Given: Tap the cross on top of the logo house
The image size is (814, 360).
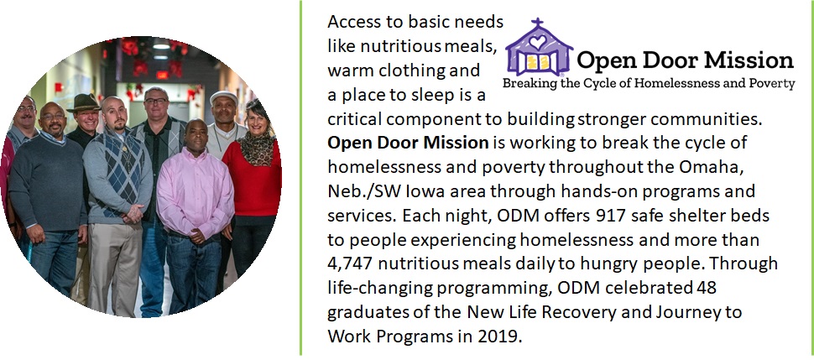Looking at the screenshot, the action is [x=537, y=23].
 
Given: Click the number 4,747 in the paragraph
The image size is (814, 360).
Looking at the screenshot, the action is [x=350, y=263].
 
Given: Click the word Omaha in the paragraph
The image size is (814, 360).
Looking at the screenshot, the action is [x=722, y=167].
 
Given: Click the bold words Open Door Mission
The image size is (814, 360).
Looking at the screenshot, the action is [x=408, y=143].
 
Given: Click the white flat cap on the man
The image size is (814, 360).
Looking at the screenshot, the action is [x=223, y=97].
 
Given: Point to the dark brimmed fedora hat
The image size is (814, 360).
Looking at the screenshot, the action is [x=84, y=103].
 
